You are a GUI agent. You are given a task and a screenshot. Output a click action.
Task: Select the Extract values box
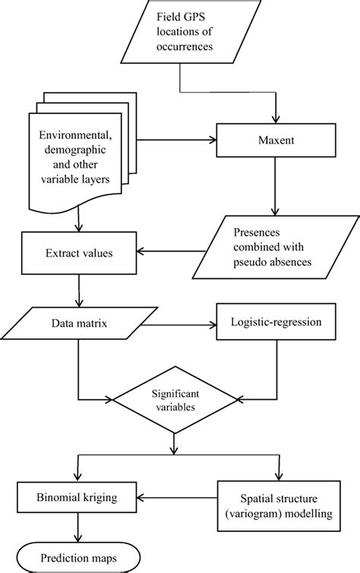click(79, 252)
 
